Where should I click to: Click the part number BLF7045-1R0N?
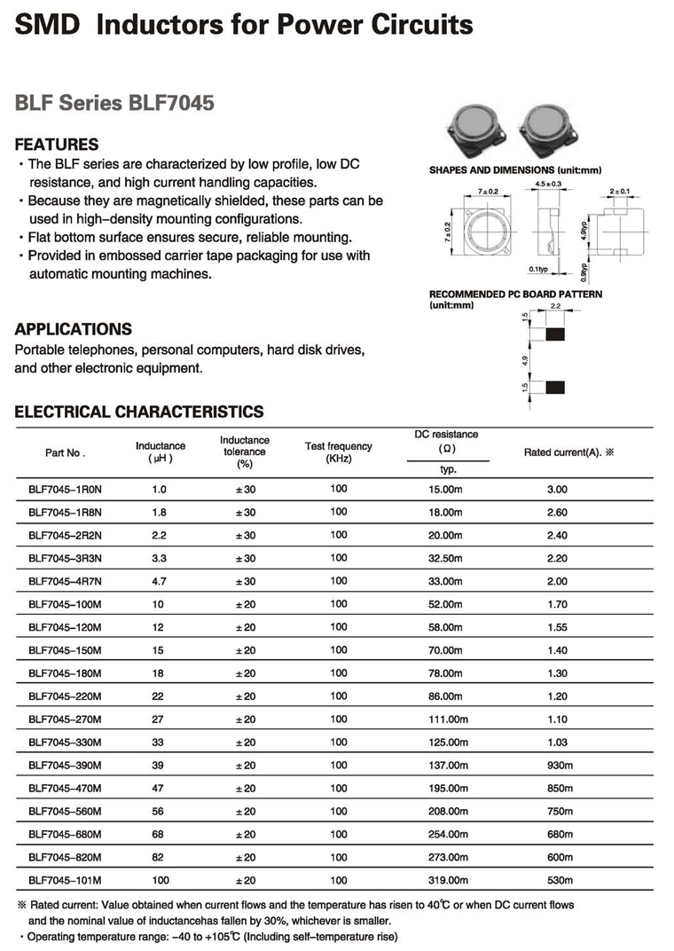66,489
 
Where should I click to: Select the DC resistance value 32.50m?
447,558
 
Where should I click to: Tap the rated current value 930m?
560,766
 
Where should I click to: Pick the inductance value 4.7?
160,581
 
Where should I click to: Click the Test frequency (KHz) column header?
339,452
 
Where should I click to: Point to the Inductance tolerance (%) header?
245,452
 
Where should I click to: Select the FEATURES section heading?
57,145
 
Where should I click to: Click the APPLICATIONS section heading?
74,329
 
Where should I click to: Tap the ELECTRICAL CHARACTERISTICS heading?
139,412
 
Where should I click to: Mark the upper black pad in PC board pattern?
555,334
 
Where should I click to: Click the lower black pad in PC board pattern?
555,387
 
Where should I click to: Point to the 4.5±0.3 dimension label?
549,184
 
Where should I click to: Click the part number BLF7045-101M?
66,881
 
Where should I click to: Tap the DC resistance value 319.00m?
447,881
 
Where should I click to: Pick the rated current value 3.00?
557,489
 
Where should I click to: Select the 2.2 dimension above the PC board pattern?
555,307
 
